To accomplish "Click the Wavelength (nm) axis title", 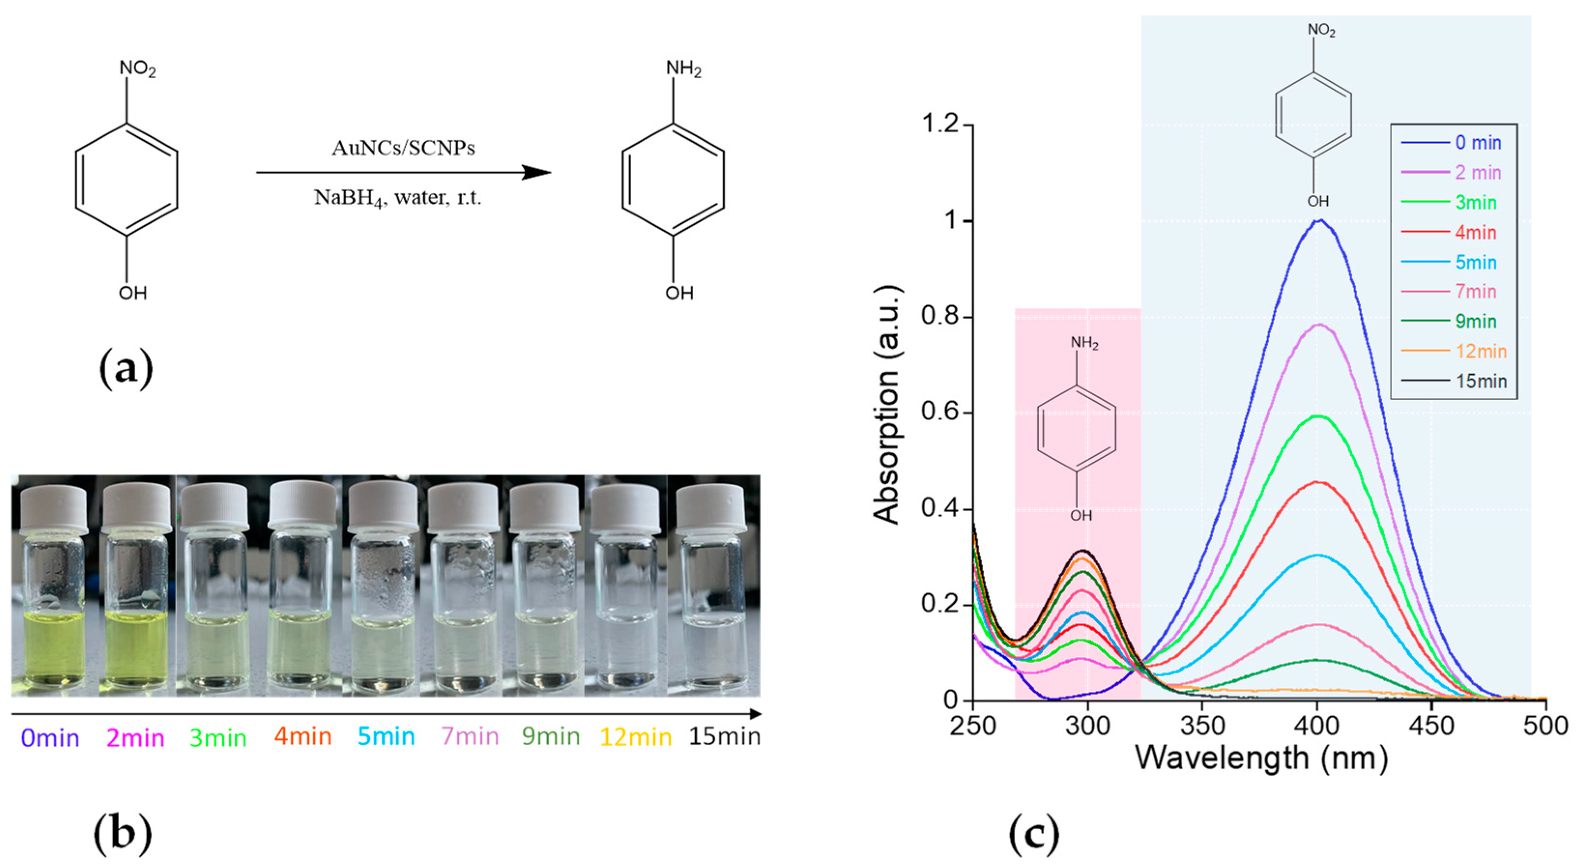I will point(1261,758).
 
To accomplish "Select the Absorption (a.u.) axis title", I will point(887,405).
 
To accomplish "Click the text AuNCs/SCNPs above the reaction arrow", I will point(403,148).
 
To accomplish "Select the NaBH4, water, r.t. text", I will point(398,198).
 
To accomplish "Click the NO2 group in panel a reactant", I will point(137,69).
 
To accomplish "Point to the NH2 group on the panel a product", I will point(683,69).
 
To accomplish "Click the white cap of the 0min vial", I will point(53,508).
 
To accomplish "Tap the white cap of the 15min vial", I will point(712,508).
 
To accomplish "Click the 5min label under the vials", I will point(387,736).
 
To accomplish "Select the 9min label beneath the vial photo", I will point(551,736).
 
